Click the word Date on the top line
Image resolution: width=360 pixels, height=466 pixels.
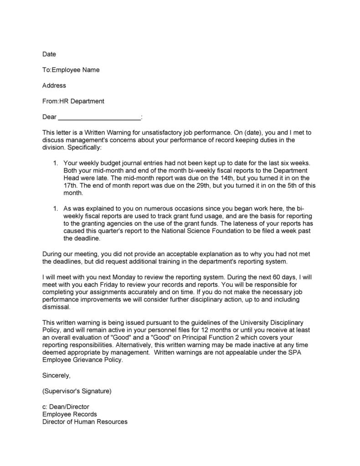click(49, 54)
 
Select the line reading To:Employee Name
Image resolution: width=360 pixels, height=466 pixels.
click(71, 70)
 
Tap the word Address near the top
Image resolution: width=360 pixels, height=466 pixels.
click(54, 85)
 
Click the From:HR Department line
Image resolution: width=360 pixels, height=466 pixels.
click(73, 101)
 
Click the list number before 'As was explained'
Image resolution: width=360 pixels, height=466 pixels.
click(55, 208)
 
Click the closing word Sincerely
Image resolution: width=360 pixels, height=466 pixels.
click(57, 375)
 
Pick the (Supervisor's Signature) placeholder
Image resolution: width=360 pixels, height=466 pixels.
click(77, 391)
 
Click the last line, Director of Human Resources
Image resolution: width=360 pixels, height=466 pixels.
click(85, 422)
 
